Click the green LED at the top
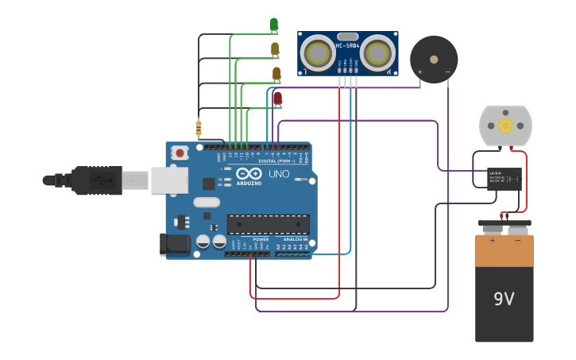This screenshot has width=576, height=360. click(x=274, y=25)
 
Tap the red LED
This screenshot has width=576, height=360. click(x=277, y=98)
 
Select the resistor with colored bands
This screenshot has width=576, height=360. click(x=198, y=127)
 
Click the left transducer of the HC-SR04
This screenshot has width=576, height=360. click(x=318, y=54)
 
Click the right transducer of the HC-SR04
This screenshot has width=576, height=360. click(x=378, y=54)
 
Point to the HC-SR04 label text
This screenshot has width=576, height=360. click(x=347, y=46)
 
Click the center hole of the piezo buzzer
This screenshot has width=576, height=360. click(x=434, y=58)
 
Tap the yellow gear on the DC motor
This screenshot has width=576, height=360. click(x=505, y=126)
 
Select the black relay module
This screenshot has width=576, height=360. click(x=504, y=178)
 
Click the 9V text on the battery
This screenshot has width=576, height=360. click(x=504, y=299)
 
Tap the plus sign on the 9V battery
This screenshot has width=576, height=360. click(x=492, y=239)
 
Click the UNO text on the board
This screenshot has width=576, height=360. click(x=279, y=174)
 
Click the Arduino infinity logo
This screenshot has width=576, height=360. click(x=249, y=174)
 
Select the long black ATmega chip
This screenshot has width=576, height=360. click(x=268, y=225)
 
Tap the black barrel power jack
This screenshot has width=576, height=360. click(x=176, y=244)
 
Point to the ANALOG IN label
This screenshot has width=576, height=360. click(x=295, y=239)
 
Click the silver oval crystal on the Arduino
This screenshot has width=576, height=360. click(x=206, y=202)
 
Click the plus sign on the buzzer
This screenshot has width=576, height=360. click(x=419, y=72)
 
